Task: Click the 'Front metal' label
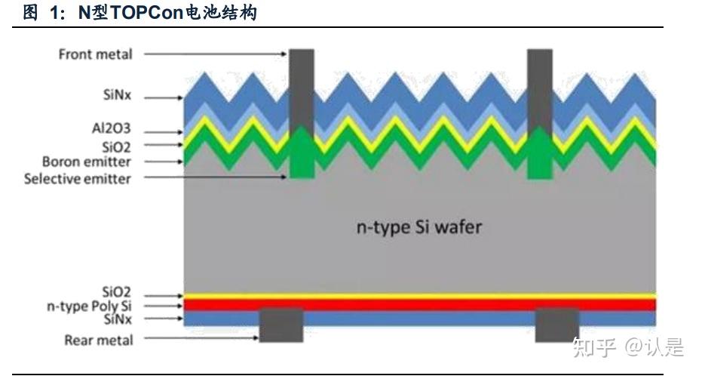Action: (95, 54)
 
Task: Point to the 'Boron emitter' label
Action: (86, 162)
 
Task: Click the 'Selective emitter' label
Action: (77, 179)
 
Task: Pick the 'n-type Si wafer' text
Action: (418, 227)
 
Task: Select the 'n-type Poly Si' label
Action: (88, 307)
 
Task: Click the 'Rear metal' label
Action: (98, 340)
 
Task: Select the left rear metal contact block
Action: (280, 325)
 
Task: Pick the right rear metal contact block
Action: (557, 325)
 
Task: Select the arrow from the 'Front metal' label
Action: (215, 54)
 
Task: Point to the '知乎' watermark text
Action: (593, 347)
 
